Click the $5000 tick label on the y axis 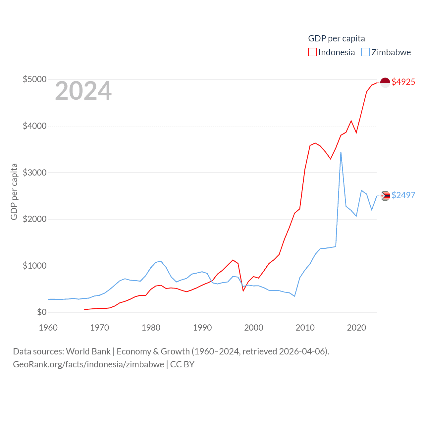(34, 79)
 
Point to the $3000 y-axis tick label (34, 173)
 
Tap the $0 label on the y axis (42, 312)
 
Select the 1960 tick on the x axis (48, 328)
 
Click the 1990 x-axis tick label (202, 328)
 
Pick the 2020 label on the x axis (356, 328)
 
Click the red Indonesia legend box (312, 52)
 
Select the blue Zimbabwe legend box (365, 52)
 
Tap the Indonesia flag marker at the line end (385, 82)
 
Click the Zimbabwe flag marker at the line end (385, 196)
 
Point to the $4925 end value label (403, 82)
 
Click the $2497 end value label (403, 195)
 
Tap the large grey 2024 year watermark (83, 91)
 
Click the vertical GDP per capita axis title (14, 191)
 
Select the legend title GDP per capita (337, 38)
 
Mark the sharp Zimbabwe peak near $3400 (341, 152)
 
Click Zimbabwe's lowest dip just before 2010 (294, 296)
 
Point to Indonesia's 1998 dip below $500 (243, 291)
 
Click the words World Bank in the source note (88, 351)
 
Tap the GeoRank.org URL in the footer (88, 364)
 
